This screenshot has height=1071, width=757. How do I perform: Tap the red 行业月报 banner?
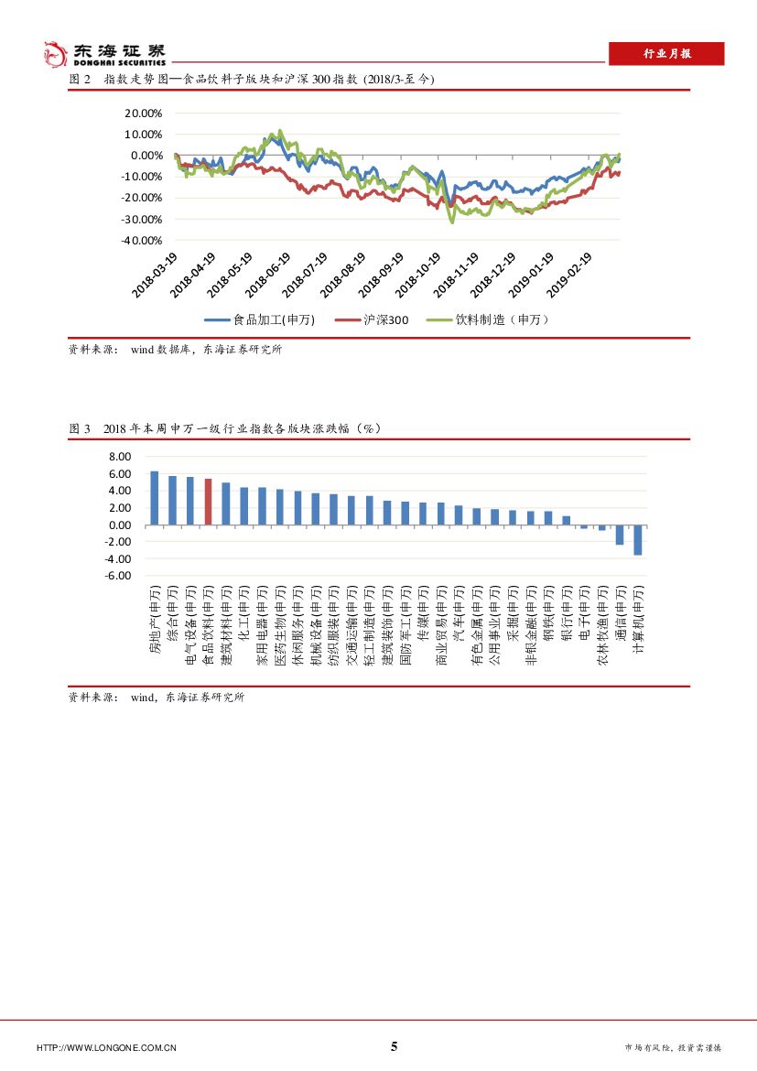[x=666, y=54]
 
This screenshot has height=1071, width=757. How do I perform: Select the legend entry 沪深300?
[x=372, y=319]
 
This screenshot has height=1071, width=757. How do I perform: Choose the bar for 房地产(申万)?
[x=155, y=498]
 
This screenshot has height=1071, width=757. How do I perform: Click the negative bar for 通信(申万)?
[x=620, y=535]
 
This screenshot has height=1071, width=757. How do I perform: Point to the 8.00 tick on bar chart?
[x=121, y=457]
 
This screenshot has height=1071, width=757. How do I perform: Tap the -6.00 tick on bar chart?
[x=119, y=576]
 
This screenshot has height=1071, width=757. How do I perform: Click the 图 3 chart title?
[x=224, y=428]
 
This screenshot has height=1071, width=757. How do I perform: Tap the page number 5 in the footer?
[x=395, y=1046]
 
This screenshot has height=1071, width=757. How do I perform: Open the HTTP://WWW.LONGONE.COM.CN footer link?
[x=106, y=1047]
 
